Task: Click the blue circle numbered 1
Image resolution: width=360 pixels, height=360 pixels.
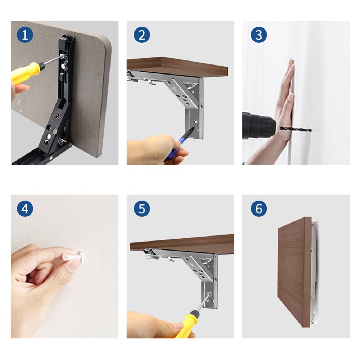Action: point(25,35)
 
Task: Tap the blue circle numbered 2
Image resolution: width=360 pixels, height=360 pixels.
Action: point(141,35)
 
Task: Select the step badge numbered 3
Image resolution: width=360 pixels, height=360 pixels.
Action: point(258,35)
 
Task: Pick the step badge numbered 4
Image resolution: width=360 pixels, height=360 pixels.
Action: point(25,209)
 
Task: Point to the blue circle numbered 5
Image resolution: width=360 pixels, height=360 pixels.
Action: point(141,209)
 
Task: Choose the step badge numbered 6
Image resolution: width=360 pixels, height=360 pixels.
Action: point(258,209)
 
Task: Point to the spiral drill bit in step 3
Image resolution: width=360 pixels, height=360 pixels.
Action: point(293,129)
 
